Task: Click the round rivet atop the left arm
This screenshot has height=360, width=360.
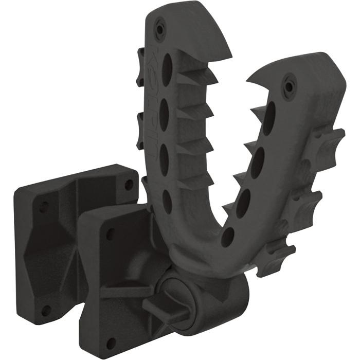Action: [161, 29]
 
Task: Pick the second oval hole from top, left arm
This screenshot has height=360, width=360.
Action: [166, 111]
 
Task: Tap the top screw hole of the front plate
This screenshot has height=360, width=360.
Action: [110, 234]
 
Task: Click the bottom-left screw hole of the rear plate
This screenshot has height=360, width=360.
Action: [46, 311]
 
